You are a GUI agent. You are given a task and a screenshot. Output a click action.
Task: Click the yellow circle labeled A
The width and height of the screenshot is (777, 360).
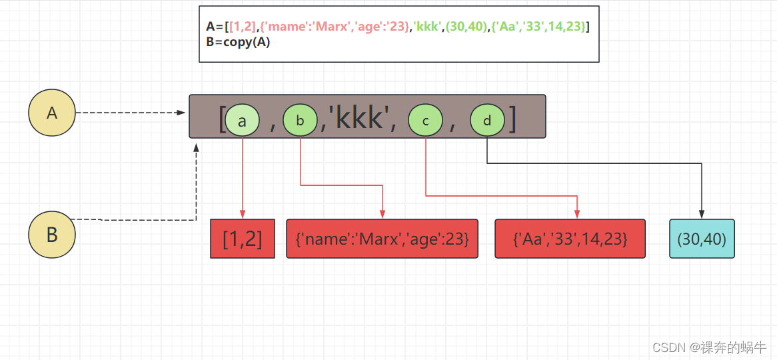[52, 113]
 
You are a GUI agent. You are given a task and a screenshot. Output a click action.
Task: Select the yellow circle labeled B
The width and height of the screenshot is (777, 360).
[52, 235]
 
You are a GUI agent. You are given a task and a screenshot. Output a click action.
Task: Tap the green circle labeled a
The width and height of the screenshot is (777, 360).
[242, 121]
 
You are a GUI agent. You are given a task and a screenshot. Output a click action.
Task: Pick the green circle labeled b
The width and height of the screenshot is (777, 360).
[300, 121]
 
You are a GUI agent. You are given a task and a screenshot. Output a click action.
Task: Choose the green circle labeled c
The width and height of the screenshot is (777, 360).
[425, 121]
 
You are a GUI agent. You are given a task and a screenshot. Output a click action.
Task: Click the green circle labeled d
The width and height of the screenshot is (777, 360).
[487, 121]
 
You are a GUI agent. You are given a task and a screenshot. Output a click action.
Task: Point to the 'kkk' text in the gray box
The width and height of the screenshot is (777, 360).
[360, 118]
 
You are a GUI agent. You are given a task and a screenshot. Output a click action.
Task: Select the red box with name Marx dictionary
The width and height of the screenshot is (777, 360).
[382, 239]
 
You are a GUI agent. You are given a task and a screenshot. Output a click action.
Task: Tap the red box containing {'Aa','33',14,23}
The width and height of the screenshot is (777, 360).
[570, 239]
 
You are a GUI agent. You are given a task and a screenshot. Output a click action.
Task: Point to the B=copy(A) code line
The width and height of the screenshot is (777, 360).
[238, 41]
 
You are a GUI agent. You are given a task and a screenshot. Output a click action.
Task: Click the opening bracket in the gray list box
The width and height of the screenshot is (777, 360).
[222, 119]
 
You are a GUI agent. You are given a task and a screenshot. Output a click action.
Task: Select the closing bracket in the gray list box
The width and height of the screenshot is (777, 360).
[512, 119]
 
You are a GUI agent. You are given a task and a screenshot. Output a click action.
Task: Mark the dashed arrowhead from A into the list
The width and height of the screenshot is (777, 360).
[181, 113]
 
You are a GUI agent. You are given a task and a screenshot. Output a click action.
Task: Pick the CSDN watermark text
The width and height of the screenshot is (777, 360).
[709, 347]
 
